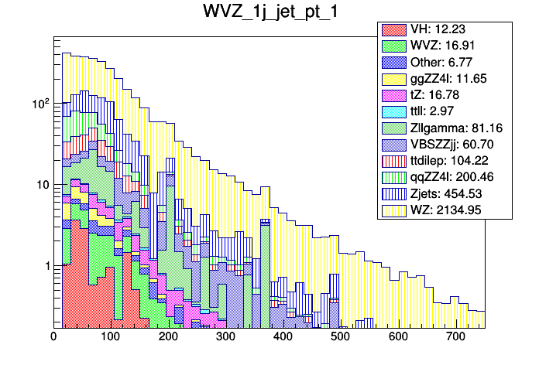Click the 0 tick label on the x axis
pyautogui.click(x=53, y=336)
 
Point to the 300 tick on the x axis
pyautogui.click(x=225, y=336)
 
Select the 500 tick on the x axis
pyautogui.click(x=340, y=336)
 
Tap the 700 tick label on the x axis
pyautogui.click(x=455, y=336)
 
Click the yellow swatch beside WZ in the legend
pyautogui.click(x=392, y=209)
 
